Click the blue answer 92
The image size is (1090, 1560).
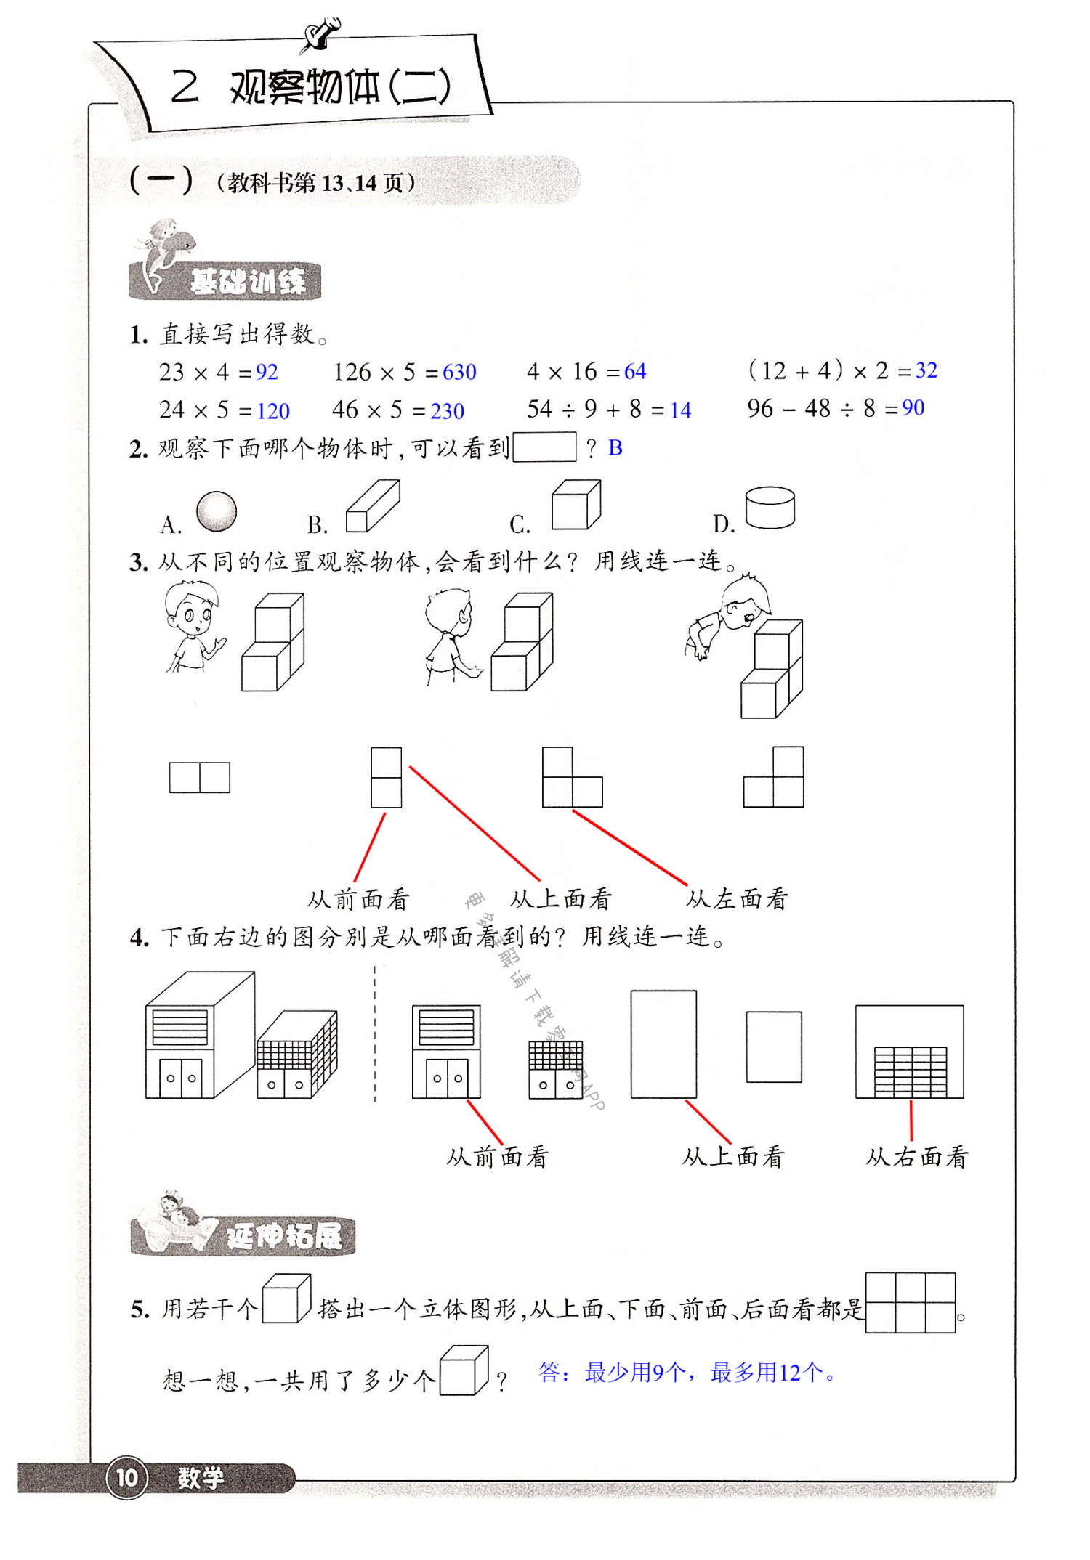(267, 372)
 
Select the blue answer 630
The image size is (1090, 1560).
(459, 372)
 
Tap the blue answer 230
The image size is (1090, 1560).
(447, 411)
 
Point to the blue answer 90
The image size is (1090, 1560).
(913, 407)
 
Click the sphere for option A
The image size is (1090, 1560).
(217, 511)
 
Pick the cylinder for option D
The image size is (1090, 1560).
(770, 507)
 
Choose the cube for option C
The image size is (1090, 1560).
(576, 505)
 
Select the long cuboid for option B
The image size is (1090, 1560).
(372, 506)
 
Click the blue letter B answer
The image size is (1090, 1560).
(615, 448)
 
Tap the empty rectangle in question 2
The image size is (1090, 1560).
(544, 447)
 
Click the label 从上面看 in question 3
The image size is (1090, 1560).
(561, 899)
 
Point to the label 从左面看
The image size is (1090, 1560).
(737, 899)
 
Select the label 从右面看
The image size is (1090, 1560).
(917, 1157)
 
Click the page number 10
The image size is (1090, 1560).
(127, 1477)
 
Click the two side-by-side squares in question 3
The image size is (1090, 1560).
(200, 777)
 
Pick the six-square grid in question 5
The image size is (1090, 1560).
(911, 1302)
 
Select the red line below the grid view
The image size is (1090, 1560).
(911, 1120)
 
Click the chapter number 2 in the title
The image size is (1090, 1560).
(185, 87)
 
